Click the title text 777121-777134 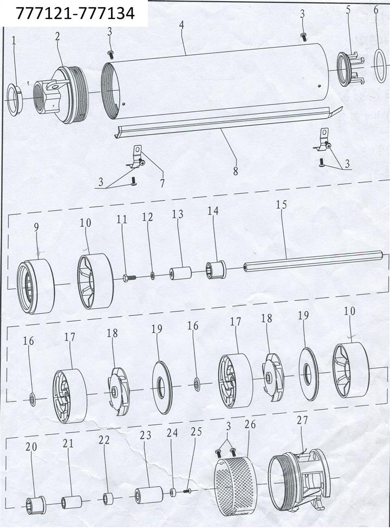click(75, 14)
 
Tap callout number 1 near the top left click(14, 41)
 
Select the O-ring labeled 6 click(380, 66)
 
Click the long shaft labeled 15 click(315, 262)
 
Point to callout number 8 click(235, 171)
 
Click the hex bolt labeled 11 click(129, 278)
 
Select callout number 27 click(302, 420)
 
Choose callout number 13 click(178, 214)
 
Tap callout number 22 click(104, 440)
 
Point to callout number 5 click(348, 10)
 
